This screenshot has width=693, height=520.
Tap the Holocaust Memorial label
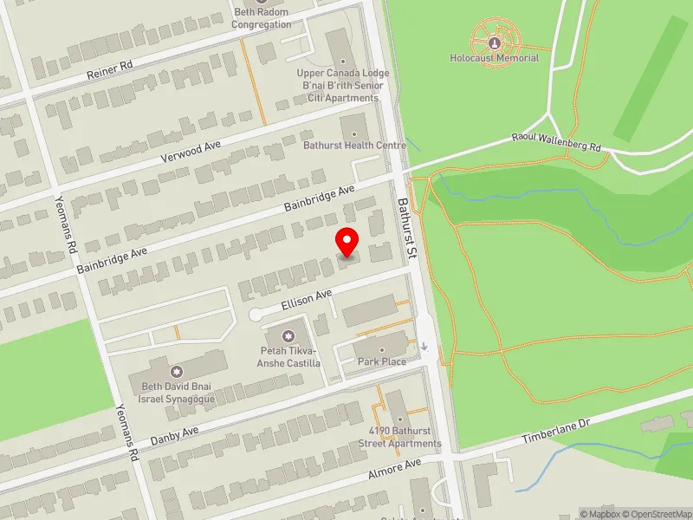494,58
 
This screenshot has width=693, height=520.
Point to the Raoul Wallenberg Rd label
555,142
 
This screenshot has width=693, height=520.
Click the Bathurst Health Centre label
354,145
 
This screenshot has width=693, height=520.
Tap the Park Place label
381,361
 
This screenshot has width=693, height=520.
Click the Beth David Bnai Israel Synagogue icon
178,371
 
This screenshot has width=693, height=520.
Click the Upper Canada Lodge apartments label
343,86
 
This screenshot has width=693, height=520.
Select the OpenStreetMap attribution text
656,514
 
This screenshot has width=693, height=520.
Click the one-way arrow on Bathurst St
424,347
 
